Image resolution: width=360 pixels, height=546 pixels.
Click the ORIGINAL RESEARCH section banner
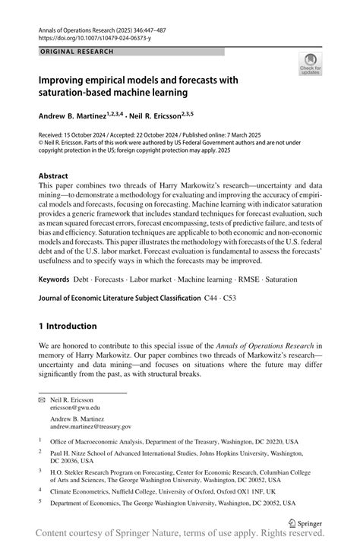point(76,52)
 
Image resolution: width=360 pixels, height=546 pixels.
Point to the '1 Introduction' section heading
point(68,326)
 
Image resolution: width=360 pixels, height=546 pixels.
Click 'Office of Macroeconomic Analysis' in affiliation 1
point(101,440)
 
